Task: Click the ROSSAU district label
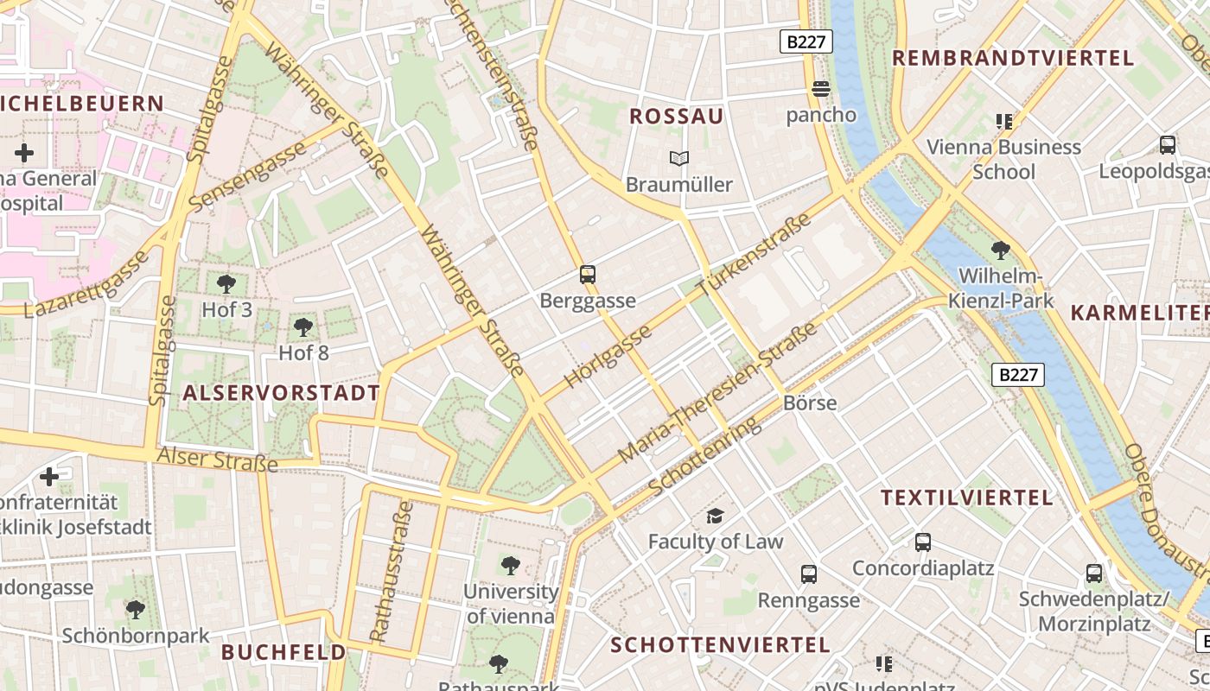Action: point(676,117)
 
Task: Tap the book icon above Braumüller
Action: point(679,159)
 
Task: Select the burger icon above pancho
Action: point(820,88)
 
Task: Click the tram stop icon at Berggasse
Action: point(588,275)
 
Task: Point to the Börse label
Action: point(810,403)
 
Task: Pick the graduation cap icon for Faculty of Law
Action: point(715,517)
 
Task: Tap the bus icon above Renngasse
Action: point(809,574)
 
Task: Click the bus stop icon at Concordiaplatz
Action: point(923,542)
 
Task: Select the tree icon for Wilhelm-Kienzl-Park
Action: point(1001,250)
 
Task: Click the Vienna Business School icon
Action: point(1003,122)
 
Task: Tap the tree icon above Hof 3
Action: point(226,283)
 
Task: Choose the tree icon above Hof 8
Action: point(302,326)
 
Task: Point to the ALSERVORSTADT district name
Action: point(281,394)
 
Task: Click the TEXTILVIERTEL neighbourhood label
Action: point(967,498)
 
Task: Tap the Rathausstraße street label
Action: point(392,572)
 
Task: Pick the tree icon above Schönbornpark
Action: point(135,610)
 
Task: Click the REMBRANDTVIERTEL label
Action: point(1012,59)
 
